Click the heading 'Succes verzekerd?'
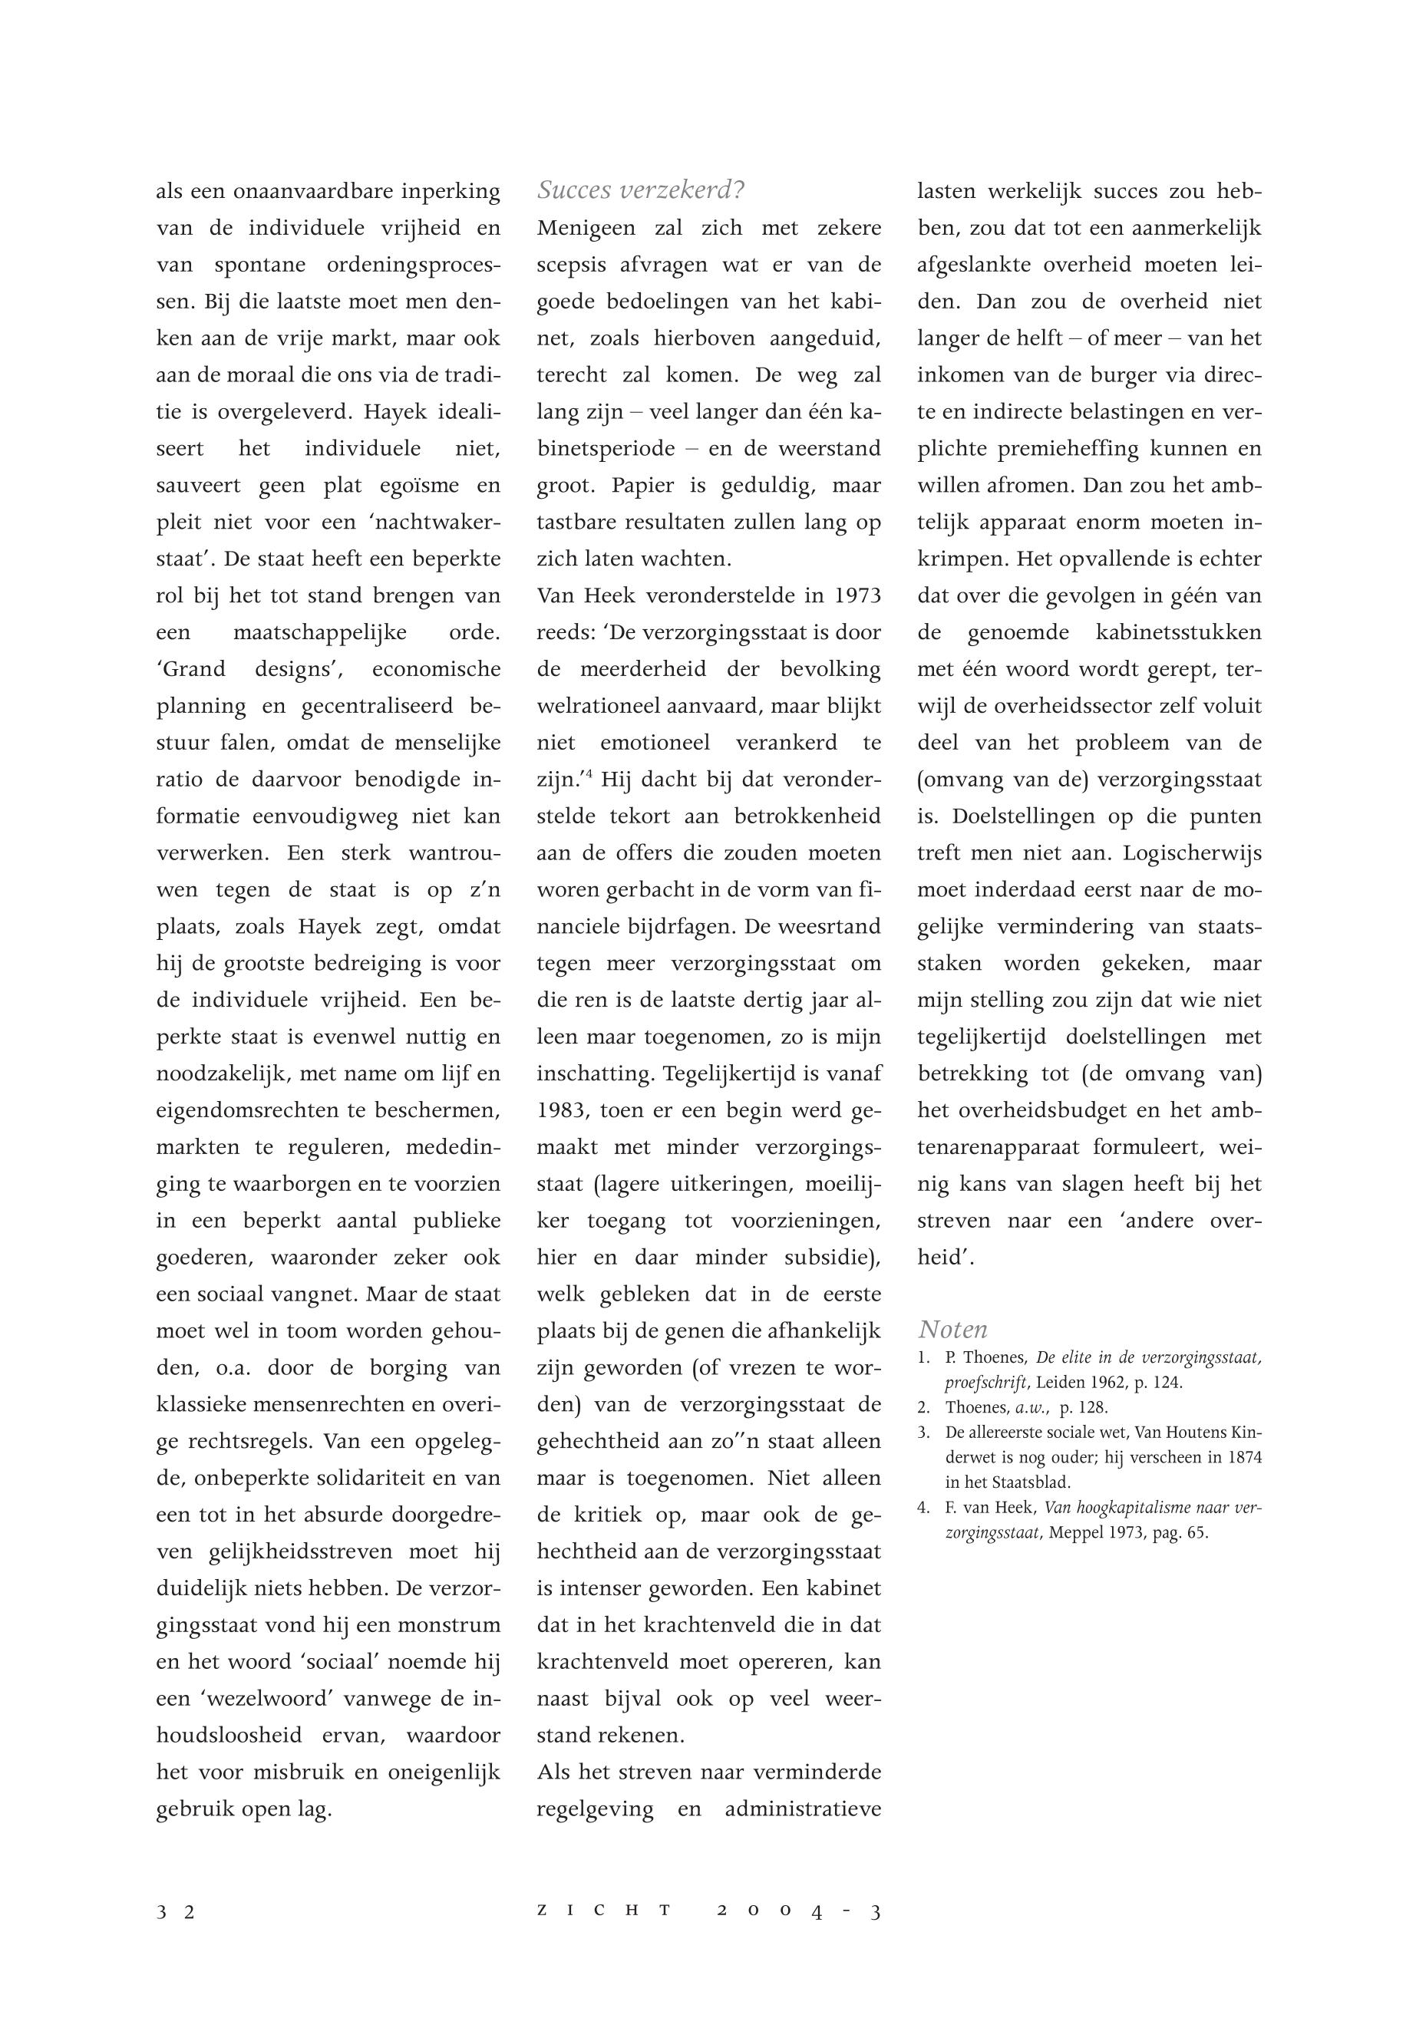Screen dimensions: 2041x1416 pyautogui.click(x=641, y=190)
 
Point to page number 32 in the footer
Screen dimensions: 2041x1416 pyautogui.click(x=176, y=1911)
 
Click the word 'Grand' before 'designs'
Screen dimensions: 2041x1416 pyautogui.click(x=191, y=669)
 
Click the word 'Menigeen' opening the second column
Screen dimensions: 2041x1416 pyautogui.click(x=586, y=228)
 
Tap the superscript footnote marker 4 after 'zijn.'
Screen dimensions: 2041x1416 pyautogui.click(x=587, y=774)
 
